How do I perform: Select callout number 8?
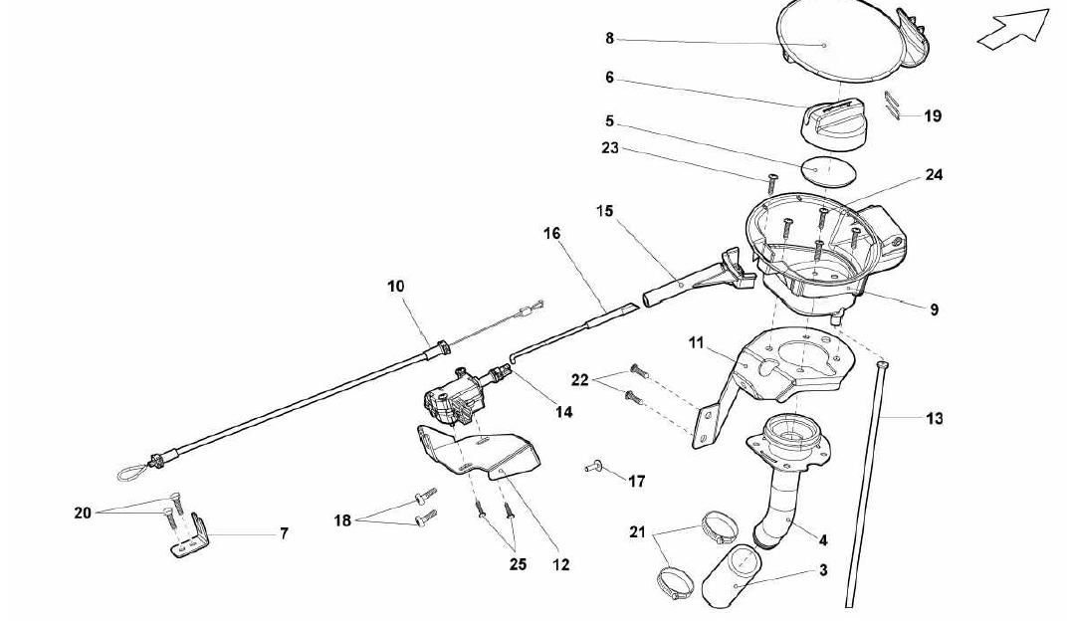tap(610, 39)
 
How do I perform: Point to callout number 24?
tap(934, 175)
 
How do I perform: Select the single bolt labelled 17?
tap(595, 467)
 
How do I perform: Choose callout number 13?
tap(935, 418)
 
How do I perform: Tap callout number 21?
tap(637, 531)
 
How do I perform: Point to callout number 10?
tap(396, 287)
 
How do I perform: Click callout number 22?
tap(579, 380)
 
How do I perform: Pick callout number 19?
tap(933, 116)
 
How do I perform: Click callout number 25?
tap(518, 564)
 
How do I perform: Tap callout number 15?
tap(605, 211)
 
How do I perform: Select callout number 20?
tap(83, 513)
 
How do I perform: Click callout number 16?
tap(551, 233)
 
